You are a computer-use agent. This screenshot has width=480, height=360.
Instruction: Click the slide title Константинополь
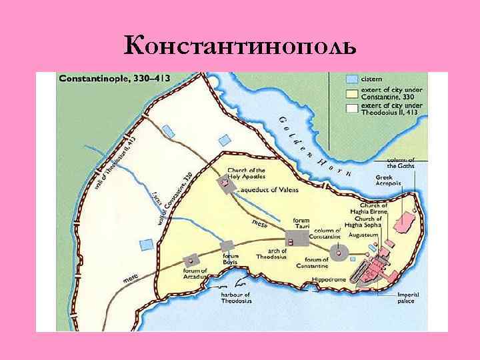tap(240, 46)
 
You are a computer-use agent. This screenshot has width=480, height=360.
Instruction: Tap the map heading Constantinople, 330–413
tap(115, 79)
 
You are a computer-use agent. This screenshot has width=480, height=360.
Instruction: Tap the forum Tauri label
tap(302, 223)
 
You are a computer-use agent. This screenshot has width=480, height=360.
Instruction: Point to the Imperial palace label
tap(405, 298)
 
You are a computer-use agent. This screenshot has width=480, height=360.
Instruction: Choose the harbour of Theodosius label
tap(236, 298)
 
